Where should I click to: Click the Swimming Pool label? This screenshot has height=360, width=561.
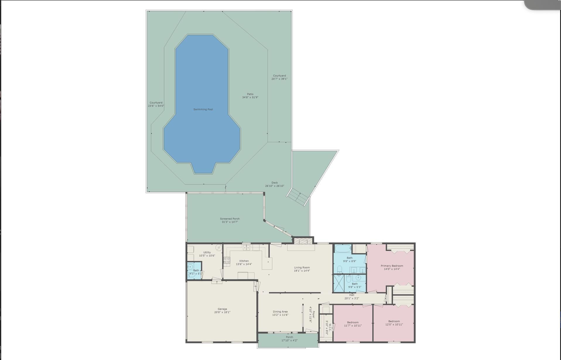pos(203,109)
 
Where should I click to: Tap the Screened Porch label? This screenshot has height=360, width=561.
pos(230,219)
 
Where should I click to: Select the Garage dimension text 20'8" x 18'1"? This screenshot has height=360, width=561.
pos(222,312)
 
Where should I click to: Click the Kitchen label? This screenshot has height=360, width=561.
pos(244,261)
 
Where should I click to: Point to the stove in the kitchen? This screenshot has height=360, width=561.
pos(227,260)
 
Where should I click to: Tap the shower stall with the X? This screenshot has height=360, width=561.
pos(339,283)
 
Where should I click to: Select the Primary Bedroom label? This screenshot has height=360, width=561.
pos(392,266)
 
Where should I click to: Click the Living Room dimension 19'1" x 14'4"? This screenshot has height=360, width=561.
pos(302,271)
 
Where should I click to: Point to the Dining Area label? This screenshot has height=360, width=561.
pos(280,312)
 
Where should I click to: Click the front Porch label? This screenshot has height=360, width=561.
pos(289,337)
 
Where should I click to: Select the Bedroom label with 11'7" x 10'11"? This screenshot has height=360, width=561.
pos(353,322)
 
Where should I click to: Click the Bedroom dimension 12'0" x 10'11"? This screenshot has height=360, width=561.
pos(394,325)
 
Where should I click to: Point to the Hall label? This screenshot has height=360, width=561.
pos(352,295)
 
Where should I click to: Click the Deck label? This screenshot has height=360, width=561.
pos(274,183)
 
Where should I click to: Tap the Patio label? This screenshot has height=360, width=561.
pos(250,94)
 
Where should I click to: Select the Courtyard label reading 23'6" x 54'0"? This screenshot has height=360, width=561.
pos(156,106)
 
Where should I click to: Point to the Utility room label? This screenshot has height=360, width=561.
pos(207,252)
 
